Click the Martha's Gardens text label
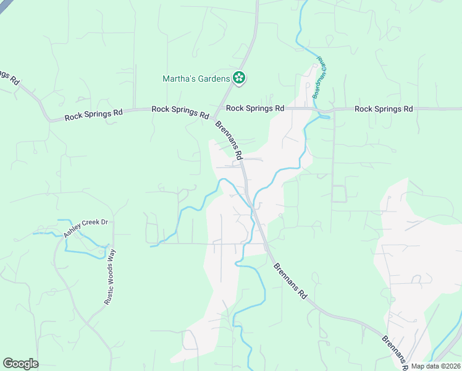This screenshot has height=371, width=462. pyautogui.click(x=195, y=79)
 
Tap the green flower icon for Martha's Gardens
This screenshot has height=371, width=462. pyautogui.click(x=239, y=78)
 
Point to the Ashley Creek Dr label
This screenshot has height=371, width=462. pyautogui.click(x=85, y=228)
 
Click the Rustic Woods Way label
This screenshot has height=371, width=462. pyautogui.click(x=109, y=276)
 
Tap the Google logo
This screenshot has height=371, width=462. pyautogui.click(x=20, y=364)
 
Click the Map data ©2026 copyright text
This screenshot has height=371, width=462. pyautogui.click(x=435, y=366)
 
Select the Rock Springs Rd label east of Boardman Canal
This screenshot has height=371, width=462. pyautogui.click(x=383, y=109)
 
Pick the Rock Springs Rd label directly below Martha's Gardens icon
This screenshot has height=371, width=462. pyautogui.click(x=254, y=108)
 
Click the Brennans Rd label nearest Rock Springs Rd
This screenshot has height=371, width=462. pyautogui.click(x=229, y=138)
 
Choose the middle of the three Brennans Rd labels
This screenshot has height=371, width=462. pyautogui.click(x=290, y=281)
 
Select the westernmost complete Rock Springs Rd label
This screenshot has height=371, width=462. pyautogui.click(x=94, y=114)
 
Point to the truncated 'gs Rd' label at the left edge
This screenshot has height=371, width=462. pyautogui.click(x=10, y=77)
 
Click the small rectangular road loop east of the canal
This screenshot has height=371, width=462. pyautogui.click(x=339, y=194)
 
